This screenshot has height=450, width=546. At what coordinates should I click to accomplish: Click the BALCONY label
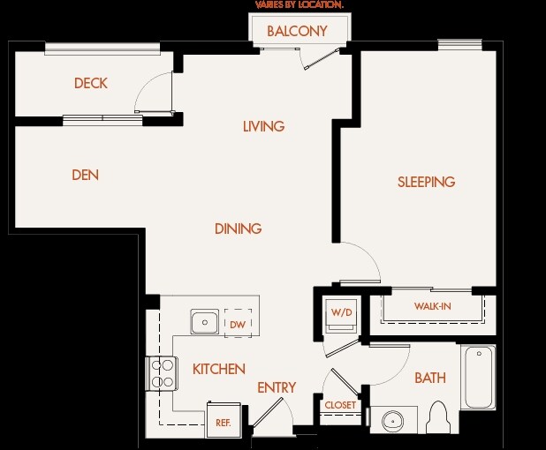(297, 31)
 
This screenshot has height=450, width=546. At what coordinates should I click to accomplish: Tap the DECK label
(91, 83)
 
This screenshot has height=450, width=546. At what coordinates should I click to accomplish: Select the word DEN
(86, 175)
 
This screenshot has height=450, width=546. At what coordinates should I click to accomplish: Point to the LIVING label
(263, 126)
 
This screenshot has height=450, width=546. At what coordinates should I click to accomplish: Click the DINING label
(239, 229)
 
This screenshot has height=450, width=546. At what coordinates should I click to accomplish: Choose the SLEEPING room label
(426, 182)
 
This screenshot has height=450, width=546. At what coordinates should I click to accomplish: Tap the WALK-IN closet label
(433, 306)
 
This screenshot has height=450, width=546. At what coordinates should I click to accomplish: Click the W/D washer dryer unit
(341, 315)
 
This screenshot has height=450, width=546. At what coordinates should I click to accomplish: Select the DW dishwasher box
(239, 323)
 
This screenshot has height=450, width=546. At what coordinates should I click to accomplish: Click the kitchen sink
(205, 322)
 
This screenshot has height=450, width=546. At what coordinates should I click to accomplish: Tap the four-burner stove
(162, 373)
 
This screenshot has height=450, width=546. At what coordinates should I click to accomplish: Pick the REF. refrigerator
(224, 420)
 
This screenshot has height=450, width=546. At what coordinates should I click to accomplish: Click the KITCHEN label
(219, 369)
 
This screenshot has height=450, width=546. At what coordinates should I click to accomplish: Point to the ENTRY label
(277, 387)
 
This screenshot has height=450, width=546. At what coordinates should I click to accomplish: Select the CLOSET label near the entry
(340, 405)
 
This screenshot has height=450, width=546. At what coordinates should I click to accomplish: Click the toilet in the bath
(438, 417)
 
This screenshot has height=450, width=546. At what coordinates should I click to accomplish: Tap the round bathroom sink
(393, 421)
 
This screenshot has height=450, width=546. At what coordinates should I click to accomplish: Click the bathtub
(479, 377)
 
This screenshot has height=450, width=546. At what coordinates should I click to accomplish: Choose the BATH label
(430, 378)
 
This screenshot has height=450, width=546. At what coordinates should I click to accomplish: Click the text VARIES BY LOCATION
(300, 5)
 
